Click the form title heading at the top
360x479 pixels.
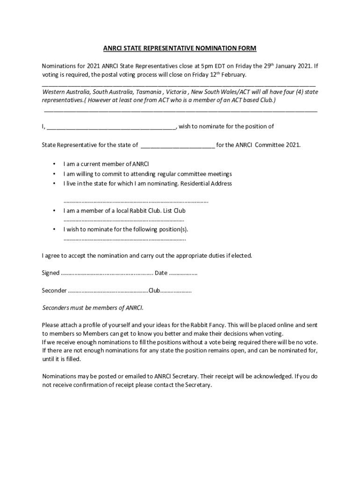click(x=180, y=49)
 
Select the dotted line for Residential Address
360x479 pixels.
click(x=136, y=202)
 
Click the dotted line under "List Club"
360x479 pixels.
click(x=123, y=220)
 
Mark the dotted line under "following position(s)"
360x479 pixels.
click(x=124, y=239)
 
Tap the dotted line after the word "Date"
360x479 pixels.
click(x=183, y=273)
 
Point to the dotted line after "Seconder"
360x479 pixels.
click(x=108, y=291)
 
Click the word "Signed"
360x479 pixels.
click(x=50, y=273)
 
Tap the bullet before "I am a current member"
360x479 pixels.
click(x=54, y=164)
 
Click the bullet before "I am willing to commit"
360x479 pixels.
click(x=54, y=174)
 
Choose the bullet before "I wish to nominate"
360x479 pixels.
click(x=54, y=230)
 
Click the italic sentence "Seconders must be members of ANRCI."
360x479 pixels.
click(x=93, y=308)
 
